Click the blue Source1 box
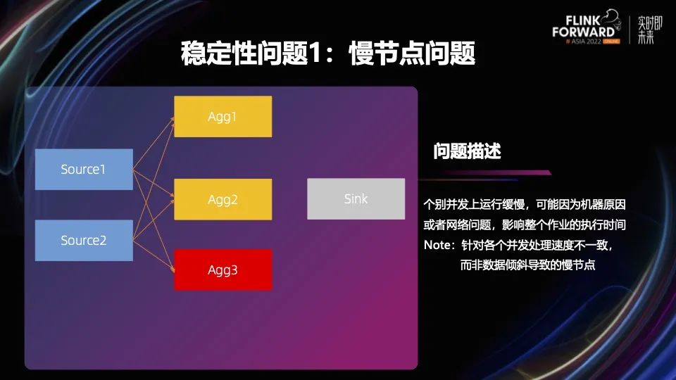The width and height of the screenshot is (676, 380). coord(84,170)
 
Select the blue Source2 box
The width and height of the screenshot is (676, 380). coord(84,240)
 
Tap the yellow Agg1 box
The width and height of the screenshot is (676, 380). coord(223,117)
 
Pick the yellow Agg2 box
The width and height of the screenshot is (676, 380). coord(223,199)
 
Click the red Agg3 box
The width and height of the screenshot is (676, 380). coord(223,270)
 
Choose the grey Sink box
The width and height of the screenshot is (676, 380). coord(356,198)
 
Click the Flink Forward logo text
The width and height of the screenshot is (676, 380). coord(583,26)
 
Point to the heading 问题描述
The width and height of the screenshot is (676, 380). coord(467,151)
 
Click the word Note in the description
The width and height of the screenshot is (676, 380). coord(437,245)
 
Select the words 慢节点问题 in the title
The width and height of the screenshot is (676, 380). coord(412,53)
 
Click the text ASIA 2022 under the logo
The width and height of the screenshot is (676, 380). coord(586,42)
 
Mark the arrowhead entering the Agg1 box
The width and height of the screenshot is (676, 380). coord(173,120)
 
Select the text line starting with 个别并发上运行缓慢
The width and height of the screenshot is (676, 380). coord(525,204)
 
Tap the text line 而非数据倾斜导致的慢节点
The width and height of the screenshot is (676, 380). coord(527,265)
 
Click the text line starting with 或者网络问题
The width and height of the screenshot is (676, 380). coord(525,224)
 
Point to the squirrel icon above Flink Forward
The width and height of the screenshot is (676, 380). coord(611,18)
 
